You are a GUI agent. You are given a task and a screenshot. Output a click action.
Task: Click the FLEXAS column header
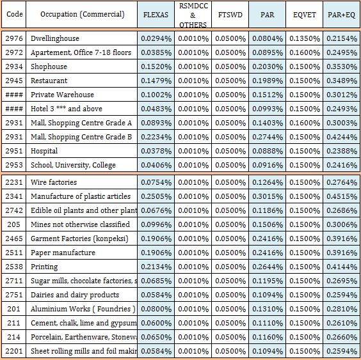pos(156,15)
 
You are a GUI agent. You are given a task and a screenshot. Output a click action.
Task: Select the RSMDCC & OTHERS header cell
pos(193,15)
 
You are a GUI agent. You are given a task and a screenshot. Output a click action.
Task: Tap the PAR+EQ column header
pos(341,15)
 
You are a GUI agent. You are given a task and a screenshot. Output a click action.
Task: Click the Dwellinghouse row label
pos(55,38)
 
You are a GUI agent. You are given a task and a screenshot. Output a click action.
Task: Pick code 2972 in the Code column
pos(14,52)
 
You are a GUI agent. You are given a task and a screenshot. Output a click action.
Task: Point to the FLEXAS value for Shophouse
pos(156,67)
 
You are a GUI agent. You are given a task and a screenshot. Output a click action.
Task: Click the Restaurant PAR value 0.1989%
pos(268,81)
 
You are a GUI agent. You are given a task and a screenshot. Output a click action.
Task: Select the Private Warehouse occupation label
pos(62,95)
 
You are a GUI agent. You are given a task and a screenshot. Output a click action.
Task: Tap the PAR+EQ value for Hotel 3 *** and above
pos(342,109)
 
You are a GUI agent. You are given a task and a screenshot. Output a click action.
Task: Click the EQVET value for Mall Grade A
pos(305,123)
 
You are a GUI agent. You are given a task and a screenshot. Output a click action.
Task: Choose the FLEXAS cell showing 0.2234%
pos(156,137)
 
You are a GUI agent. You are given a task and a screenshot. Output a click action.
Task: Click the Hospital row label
pos(44,151)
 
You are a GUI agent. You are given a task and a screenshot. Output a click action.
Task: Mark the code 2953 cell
pos(14,165)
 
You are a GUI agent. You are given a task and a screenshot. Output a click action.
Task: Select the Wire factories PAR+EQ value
pos(342,182)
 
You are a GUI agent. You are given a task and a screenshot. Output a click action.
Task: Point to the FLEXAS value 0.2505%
pos(156,196)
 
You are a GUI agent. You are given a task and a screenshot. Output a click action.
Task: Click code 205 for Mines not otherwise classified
pos(13,224)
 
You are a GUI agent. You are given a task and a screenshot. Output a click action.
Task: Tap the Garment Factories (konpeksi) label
pos(79,239)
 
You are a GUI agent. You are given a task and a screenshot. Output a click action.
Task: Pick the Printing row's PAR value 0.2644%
pos(268,267)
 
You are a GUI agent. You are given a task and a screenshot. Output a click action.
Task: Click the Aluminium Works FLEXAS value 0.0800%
pos(156,309)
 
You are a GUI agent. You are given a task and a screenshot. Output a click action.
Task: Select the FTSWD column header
pos(230,15)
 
